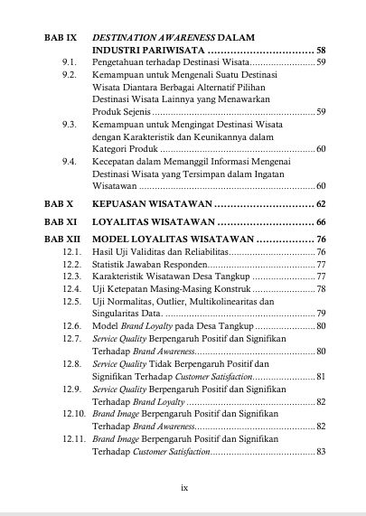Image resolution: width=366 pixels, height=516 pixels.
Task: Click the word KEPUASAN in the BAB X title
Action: (122, 204)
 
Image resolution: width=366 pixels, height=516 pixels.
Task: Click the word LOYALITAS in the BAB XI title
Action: (125, 221)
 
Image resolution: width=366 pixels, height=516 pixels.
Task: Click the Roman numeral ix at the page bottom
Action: (183, 486)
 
